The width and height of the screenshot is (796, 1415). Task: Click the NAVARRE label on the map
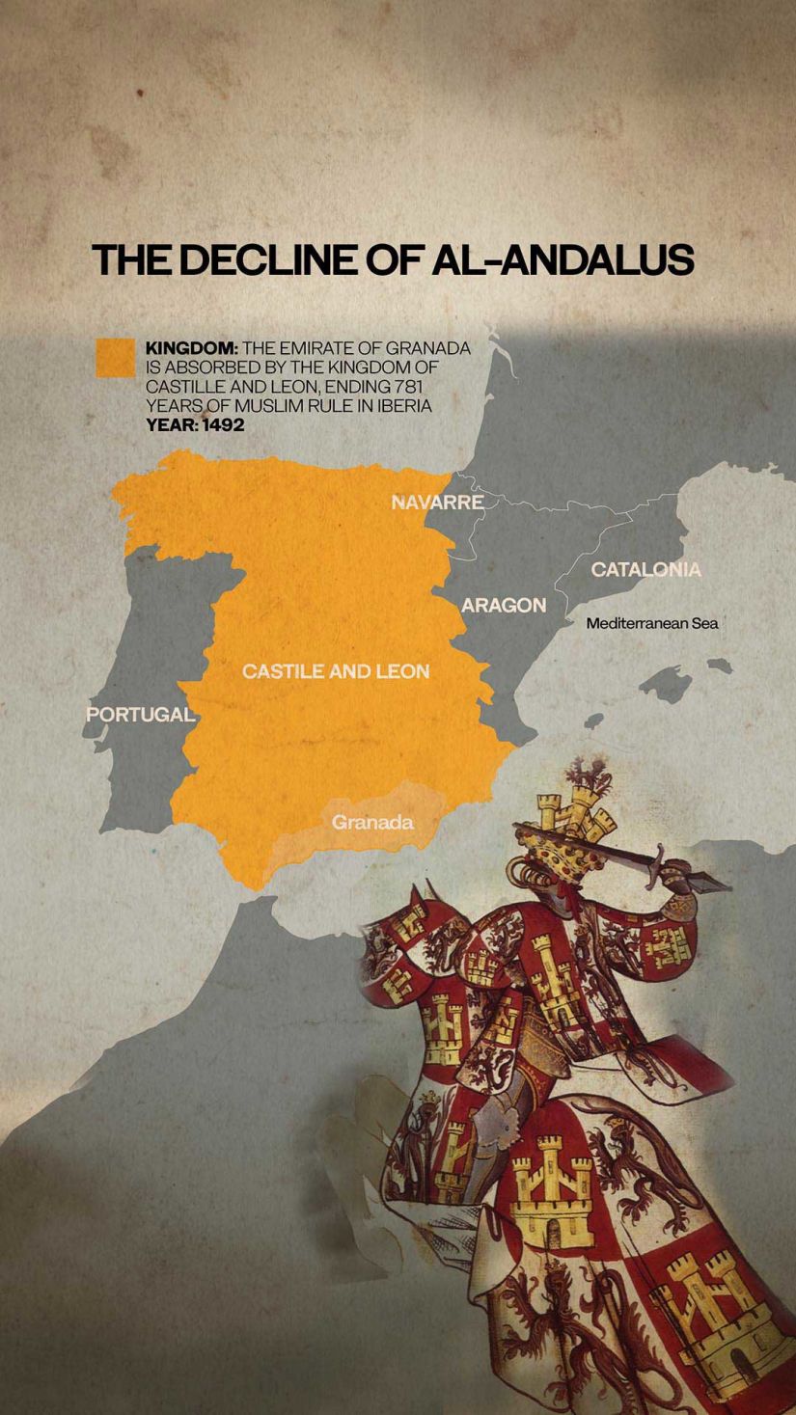click(437, 503)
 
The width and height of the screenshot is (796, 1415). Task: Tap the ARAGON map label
click(503, 606)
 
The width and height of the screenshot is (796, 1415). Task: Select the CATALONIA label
click(645, 569)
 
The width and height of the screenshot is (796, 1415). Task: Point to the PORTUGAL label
click(140, 715)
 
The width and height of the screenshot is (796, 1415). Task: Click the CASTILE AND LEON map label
click(336, 671)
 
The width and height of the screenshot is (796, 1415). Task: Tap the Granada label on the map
click(372, 823)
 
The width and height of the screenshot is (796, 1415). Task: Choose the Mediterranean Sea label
click(652, 624)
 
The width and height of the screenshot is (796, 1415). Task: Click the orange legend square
click(115, 357)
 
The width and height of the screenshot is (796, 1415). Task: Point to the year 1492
click(223, 424)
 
